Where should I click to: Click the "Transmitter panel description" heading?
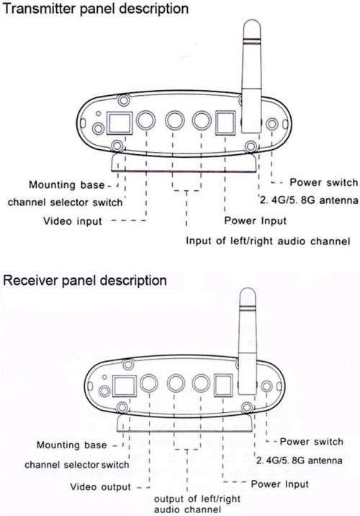pyautogui.click(x=96, y=9)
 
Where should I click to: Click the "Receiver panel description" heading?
pyautogui.click(x=85, y=281)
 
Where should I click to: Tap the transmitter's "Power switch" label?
pyautogui.click(x=323, y=182)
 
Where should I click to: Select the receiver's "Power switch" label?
pyautogui.click(x=311, y=441)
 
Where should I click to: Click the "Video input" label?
pyautogui.click(x=73, y=221)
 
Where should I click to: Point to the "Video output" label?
pyautogui.click(x=101, y=486)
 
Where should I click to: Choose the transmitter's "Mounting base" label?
pyautogui.click(x=66, y=184)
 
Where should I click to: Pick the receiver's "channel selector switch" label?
pyautogui.click(x=76, y=465)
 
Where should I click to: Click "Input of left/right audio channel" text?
pyautogui.click(x=268, y=241)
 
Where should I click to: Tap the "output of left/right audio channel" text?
pyautogui.click(x=197, y=504)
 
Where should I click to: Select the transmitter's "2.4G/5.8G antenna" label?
pyautogui.click(x=309, y=200)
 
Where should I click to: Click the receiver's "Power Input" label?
pyautogui.click(x=280, y=484)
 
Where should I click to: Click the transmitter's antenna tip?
pyautogui.click(x=252, y=20)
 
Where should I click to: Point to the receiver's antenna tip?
pyautogui.click(x=248, y=289)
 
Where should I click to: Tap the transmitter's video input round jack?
pyautogui.click(x=145, y=120)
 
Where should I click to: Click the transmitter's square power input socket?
pyautogui.click(x=225, y=123)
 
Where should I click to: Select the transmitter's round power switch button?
pyautogui.click(x=272, y=124)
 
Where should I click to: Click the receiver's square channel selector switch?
pyautogui.click(x=125, y=386)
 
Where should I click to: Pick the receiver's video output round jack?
pyautogui.click(x=149, y=383)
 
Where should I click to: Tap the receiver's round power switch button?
pyautogui.click(x=266, y=386)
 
